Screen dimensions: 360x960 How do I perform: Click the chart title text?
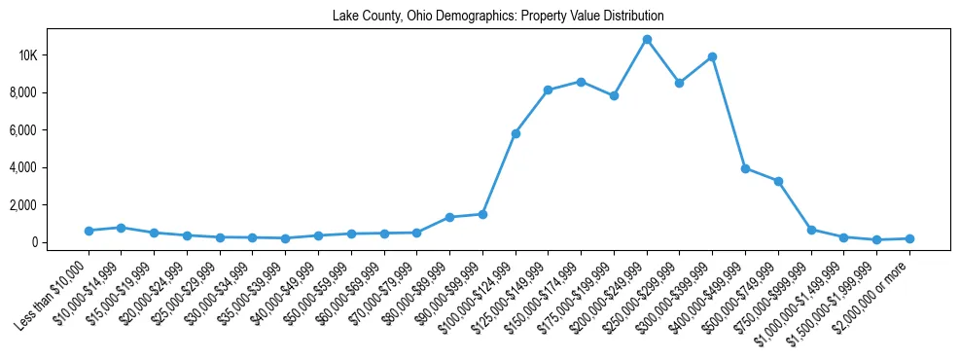coord(498,16)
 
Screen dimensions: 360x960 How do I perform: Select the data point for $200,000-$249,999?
coord(647,40)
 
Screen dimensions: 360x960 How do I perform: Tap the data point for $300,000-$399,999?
coord(712,56)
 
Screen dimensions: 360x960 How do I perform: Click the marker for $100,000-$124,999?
coord(516,133)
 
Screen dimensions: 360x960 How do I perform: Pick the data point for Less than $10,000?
coord(89,231)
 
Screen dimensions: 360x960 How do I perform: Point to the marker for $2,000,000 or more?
coord(909,238)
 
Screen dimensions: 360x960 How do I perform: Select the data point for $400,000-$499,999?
coord(745,168)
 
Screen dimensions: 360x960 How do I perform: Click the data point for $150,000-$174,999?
coord(581,82)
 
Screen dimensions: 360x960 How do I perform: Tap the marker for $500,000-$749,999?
coord(778,181)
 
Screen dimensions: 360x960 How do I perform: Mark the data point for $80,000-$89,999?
coord(449,217)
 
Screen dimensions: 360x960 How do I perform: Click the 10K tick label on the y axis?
coord(54,55)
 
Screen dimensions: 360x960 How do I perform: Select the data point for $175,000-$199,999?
coord(614,95)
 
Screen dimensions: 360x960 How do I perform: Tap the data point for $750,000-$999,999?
coord(811,230)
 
